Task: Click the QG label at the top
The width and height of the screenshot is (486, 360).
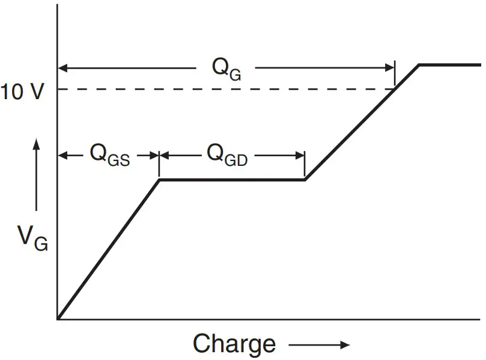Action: click(226, 69)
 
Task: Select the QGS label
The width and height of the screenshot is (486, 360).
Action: click(109, 155)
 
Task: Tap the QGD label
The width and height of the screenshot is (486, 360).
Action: click(227, 154)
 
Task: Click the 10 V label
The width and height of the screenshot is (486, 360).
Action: click(22, 93)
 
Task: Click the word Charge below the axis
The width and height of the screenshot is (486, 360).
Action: click(234, 344)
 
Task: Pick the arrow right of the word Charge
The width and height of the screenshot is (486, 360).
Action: click(318, 345)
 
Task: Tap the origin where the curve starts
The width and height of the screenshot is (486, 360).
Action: click(58, 318)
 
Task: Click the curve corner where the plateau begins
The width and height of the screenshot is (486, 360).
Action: click(159, 179)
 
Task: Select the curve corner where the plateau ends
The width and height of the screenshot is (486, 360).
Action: click(305, 179)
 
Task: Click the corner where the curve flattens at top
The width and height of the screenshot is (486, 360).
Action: click(419, 64)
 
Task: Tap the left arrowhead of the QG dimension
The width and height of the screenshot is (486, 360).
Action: click(62, 69)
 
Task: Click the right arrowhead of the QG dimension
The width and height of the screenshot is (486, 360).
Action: click(390, 69)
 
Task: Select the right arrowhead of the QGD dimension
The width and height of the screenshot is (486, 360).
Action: click(300, 154)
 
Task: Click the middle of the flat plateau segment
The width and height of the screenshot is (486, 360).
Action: click(232, 179)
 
